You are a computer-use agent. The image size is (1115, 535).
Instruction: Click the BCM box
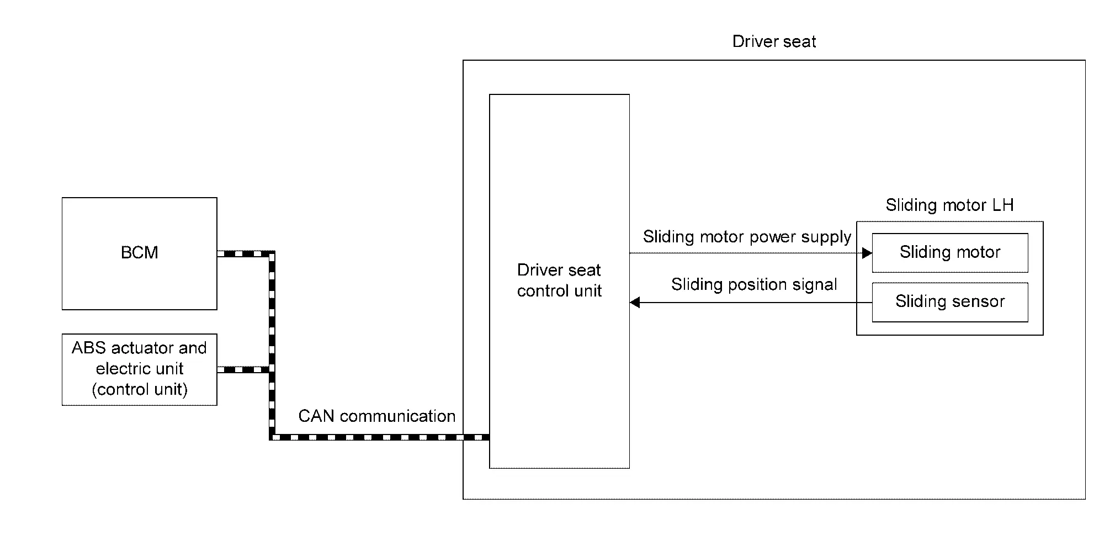[x=139, y=253]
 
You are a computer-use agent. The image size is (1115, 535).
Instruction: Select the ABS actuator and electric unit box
[x=139, y=369]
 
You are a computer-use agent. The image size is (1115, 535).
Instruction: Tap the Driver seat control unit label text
[x=559, y=280]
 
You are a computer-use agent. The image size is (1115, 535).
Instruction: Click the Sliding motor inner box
[x=949, y=252]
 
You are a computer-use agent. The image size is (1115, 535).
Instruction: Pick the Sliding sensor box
[x=949, y=301]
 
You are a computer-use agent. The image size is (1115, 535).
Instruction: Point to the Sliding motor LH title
[x=949, y=205]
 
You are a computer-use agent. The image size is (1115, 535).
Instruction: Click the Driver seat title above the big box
[x=774, y=42]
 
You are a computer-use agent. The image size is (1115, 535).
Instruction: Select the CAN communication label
[x=376, y=416]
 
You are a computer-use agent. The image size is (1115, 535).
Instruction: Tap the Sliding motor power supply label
[x=747, y=237]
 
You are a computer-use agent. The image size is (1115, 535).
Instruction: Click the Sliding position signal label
[x=754, y=284]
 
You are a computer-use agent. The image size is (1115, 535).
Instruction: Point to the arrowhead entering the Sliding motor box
[x=867, y=253]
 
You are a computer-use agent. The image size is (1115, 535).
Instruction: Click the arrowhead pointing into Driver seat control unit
[x=635, y=303]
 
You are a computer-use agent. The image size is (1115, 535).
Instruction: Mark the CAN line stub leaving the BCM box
[x=243, y=254]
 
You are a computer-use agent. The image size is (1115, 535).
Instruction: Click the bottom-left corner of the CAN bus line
[x=272, y=437]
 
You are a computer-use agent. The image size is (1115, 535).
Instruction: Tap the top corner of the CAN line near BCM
[x=272, y=254]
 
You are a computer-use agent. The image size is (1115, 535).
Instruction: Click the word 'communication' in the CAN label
[x=397, y=416]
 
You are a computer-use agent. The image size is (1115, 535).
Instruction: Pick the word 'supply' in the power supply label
[x=826, y=237]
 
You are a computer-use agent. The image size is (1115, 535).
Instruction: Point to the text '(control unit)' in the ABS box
[x=139, y=390]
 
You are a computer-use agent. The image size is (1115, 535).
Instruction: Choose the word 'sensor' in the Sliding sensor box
[x=977, y=301]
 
